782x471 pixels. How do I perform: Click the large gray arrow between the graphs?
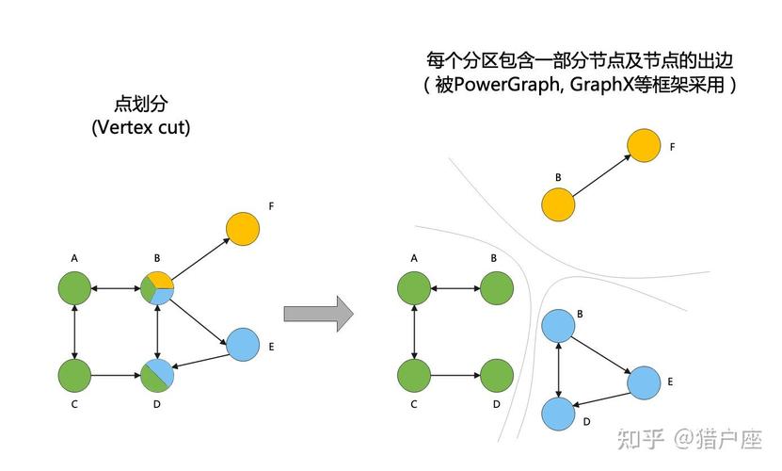click(x=319, y=314)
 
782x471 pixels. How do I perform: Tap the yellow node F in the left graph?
click(x=243, y=229)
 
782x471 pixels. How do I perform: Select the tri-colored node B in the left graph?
click(x=157, y=288)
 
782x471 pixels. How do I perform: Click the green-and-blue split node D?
click(x=157, y=375)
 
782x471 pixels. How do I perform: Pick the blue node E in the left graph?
click(x=243, y=344)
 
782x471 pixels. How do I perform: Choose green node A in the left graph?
click(x=74, y=288)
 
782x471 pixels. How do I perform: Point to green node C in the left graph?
click(x=74, y=375)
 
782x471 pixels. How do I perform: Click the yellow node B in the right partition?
click(x=558, y=204)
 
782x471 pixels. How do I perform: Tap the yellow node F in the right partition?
click(x=644, y=145)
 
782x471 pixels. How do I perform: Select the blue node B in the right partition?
click(x=558, y=326)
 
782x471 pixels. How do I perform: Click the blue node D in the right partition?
click(x=558, y=414)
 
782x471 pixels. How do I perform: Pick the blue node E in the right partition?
click(x=644, y=382)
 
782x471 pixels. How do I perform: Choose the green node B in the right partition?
click(x=497, y=288)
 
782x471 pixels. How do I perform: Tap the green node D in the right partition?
click(x=497, y=375)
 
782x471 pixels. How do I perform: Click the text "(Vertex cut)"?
click(x=141, y=127)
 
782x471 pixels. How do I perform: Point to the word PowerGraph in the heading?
click(x=505, y=85)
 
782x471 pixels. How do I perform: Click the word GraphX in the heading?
click(x=601, y=85)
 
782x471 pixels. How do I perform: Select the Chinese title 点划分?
click(x=141, y=104)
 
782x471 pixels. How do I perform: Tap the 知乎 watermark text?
click(x=641, y=439)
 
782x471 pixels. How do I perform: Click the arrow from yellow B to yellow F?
click(x=601, y=175)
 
